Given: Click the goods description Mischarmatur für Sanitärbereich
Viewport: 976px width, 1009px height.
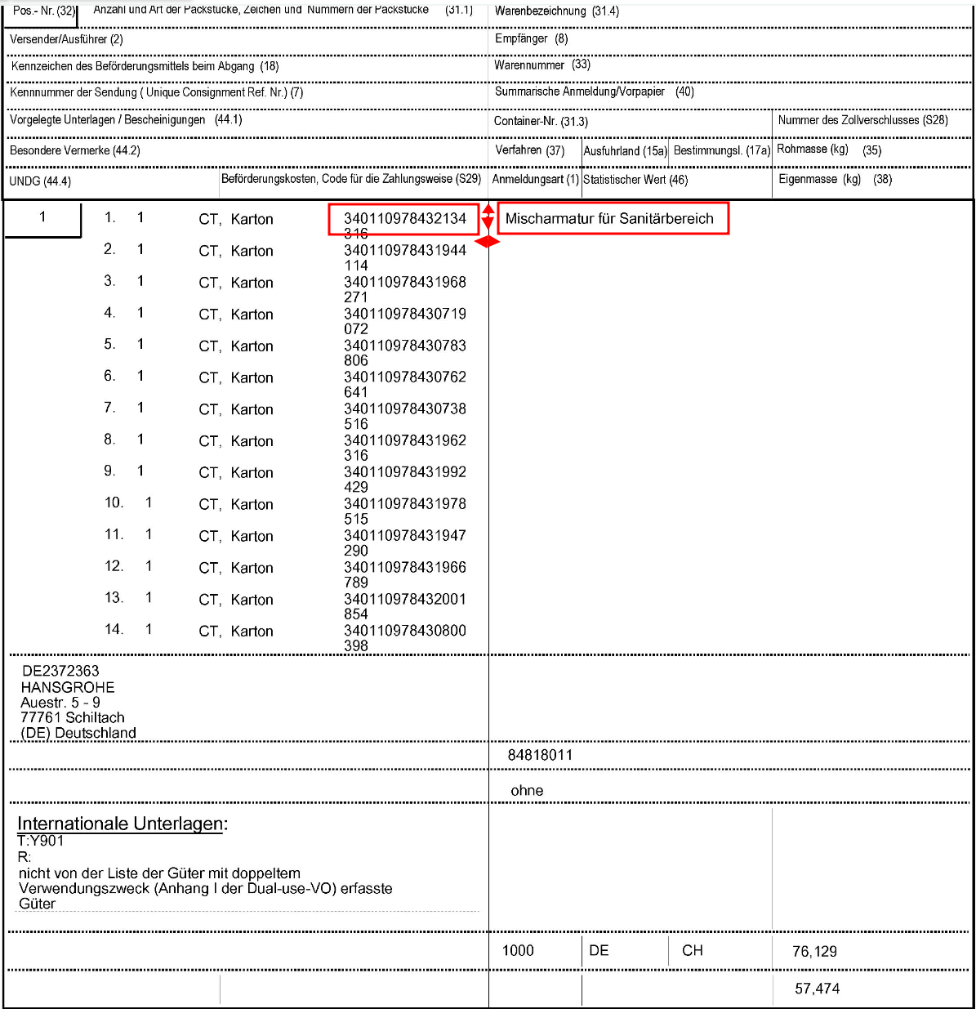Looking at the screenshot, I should tap(609, 219).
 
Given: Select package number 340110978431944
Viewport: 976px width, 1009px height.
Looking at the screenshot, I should tap(404, 251).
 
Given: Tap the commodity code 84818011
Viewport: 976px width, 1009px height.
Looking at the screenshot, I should tap(540, 755).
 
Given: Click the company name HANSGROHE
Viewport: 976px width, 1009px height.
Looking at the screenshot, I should tap(68, 687).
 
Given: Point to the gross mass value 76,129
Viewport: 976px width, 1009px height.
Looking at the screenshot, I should tap(814, 951).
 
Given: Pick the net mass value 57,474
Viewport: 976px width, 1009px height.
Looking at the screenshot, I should tap(817, 989).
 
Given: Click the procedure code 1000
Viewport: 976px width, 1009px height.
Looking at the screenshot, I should tap(518, 950).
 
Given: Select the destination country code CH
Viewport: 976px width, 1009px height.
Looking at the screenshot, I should tap(692, 950).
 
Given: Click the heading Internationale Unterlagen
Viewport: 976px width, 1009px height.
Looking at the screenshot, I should tap(123, 824).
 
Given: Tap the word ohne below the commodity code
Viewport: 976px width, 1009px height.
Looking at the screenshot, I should tap(527, 790).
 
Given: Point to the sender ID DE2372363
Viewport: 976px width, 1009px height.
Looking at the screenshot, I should tap(60, 671).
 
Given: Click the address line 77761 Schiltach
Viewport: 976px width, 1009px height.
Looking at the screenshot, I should tap(73, 717).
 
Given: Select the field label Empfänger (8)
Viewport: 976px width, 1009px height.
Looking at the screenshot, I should tap(531, 38).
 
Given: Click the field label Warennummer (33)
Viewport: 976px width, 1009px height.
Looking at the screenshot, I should tap(541, 65).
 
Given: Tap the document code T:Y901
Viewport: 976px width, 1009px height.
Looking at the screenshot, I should tap(41, 841).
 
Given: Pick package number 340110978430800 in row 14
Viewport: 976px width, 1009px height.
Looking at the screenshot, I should tap(404, 631).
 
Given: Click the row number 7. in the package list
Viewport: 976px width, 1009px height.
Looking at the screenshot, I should tap(109, 408).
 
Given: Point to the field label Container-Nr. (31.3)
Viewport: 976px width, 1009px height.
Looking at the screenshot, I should tap(541, 121).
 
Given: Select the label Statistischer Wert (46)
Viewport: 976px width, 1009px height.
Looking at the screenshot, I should tap(635, 180).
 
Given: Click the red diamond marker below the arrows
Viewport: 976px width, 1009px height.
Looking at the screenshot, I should tap(488, 241).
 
